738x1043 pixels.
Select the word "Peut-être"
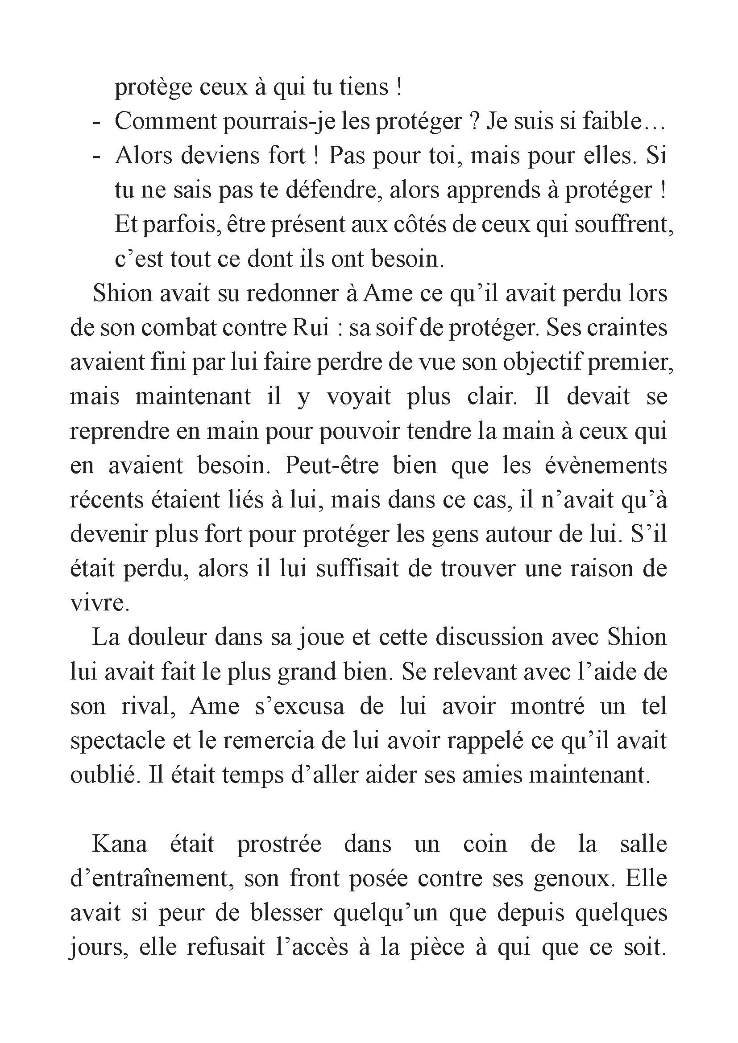(331, 466)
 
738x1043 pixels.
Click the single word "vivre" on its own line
(97, 603)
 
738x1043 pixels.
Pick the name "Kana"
(120, 844)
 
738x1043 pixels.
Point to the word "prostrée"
(279, 844)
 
